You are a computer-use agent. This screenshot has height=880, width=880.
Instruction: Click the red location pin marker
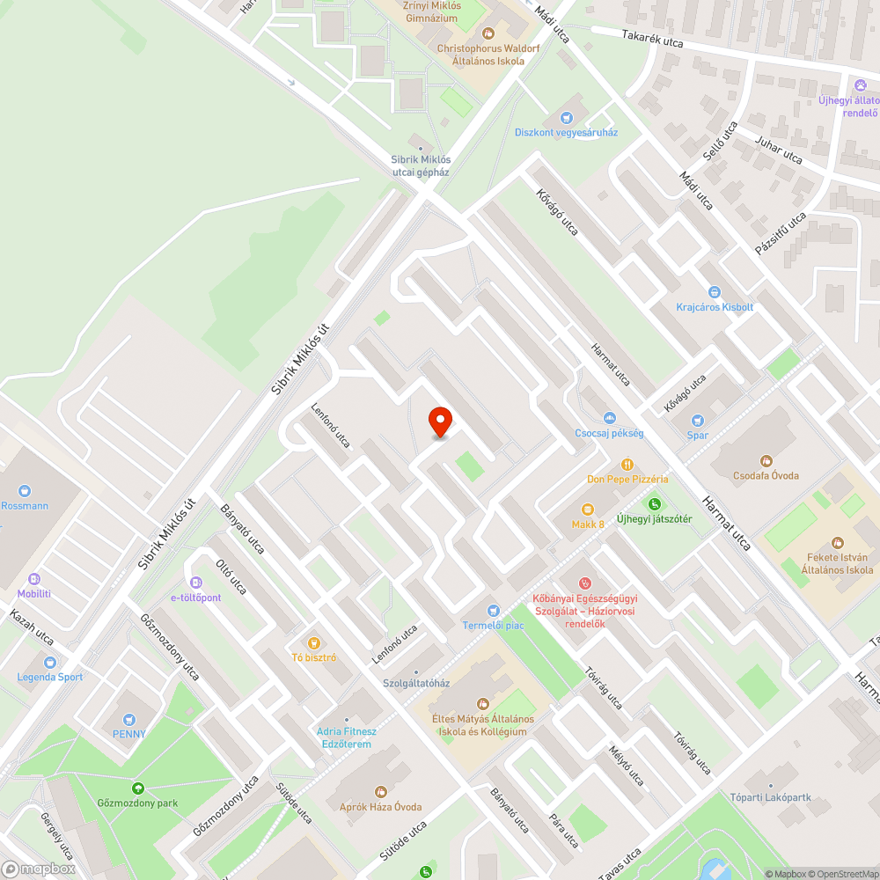pos(439,422)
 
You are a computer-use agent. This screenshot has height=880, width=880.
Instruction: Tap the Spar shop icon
pos(698,422)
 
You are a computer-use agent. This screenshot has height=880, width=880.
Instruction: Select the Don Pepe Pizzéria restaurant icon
pos(627,464)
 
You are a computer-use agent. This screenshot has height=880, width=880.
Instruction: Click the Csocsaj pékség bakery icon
pos(609,418)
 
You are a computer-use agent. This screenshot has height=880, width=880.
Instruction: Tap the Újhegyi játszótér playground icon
pos(654,504)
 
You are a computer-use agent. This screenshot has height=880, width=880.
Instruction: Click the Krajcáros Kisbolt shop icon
pos(715,292)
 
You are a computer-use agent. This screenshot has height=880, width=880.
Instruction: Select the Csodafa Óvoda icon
pos(766,460)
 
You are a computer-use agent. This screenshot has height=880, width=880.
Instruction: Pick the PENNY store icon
pos(129,719)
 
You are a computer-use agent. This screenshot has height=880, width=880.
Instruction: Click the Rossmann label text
pos(25,506)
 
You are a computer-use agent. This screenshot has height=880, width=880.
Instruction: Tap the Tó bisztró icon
pos(314,642)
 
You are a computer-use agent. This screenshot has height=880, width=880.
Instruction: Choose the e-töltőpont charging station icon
pos(195,582)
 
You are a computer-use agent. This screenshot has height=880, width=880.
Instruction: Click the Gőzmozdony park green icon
pos(137,788)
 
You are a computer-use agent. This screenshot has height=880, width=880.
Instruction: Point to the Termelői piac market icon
pos(494,611)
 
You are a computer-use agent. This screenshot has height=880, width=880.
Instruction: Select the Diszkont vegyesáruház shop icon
pos(566,118)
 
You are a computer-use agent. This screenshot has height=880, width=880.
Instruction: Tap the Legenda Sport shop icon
pos(49,662)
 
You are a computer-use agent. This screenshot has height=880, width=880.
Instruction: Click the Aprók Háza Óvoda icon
pos(380,792)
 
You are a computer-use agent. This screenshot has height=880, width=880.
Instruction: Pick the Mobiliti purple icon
pos(34,579)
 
